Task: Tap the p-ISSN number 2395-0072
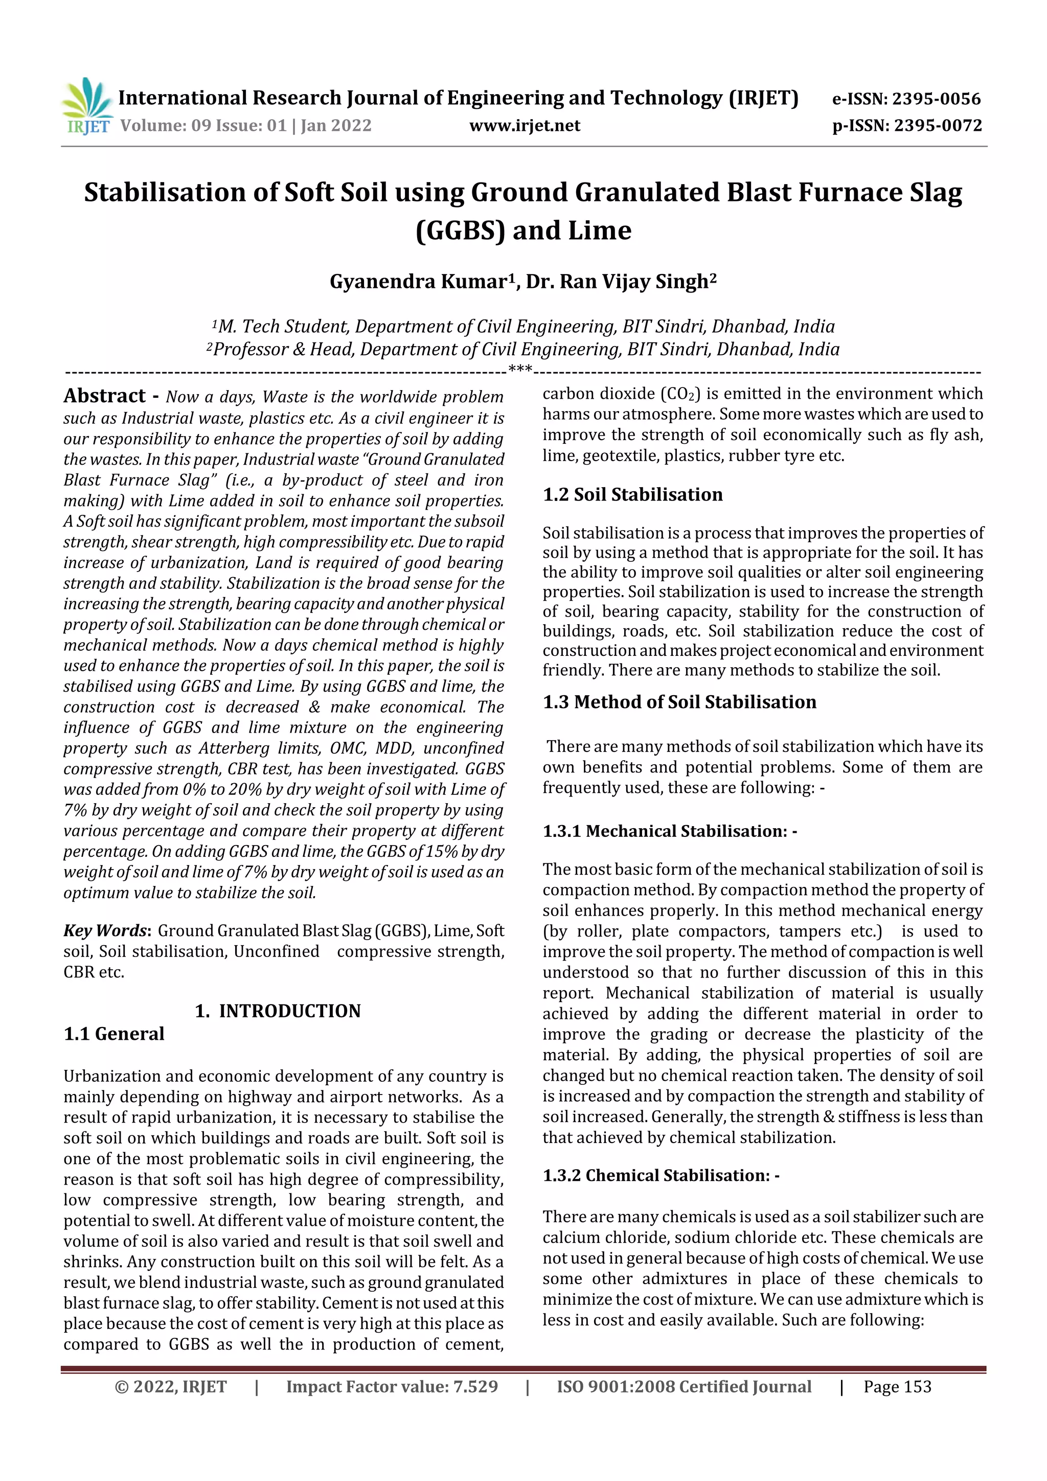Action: pyautogui.click(x=937, y=126)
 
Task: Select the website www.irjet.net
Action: pyautogui.click(x=525, y=126)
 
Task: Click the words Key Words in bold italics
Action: pyautogui.click(x=106, y=930)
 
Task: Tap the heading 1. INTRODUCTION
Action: pyautogui.click(x=278, y=1011)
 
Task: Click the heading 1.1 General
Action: pyautogui.click(x=113, y=1034)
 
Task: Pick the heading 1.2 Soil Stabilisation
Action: pyautogui.click(x=632, y=495)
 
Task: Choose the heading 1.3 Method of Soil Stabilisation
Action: pyautogui.click(x=679, y=702)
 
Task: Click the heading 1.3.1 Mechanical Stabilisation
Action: pyautogui.click(x=669, y=831)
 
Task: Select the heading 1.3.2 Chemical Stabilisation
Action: pyautogui.click(x=661, y=1176)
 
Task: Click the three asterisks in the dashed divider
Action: pyautogui.click(x=520, y=370)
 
